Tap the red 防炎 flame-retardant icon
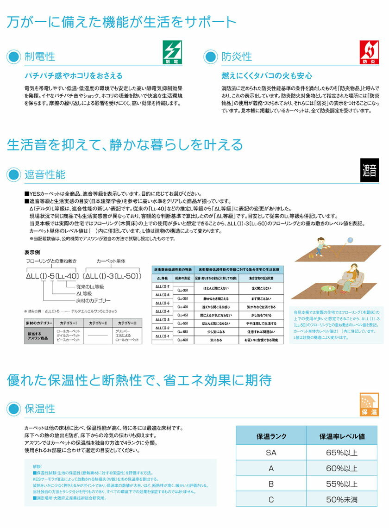point(370,52)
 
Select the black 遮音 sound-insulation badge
point(369,170)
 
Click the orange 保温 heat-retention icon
point(369,405)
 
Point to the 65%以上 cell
point(342,453)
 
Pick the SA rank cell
point(271,453)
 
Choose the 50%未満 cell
point(342,499)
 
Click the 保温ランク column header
point(271,436)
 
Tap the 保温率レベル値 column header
point(342,436)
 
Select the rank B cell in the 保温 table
point(271,484)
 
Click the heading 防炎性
point(237,56)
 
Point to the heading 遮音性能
point(45,174)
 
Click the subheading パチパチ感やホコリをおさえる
point(73,75)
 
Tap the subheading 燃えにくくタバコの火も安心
point(267,75)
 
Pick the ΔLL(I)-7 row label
point(163,287)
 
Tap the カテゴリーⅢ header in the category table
point(126,322)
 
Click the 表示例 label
point(32,252)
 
